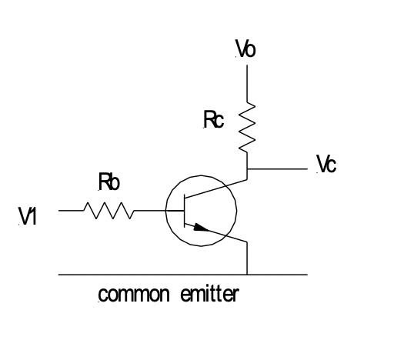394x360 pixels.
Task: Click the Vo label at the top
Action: (x=246, y=50)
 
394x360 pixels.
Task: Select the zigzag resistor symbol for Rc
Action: (x=246, y=128)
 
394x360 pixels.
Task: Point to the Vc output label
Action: (x=326, y=165)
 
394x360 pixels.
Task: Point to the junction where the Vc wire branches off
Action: (x=246, y=167)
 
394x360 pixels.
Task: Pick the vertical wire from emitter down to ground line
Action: (x=246, y=258)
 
